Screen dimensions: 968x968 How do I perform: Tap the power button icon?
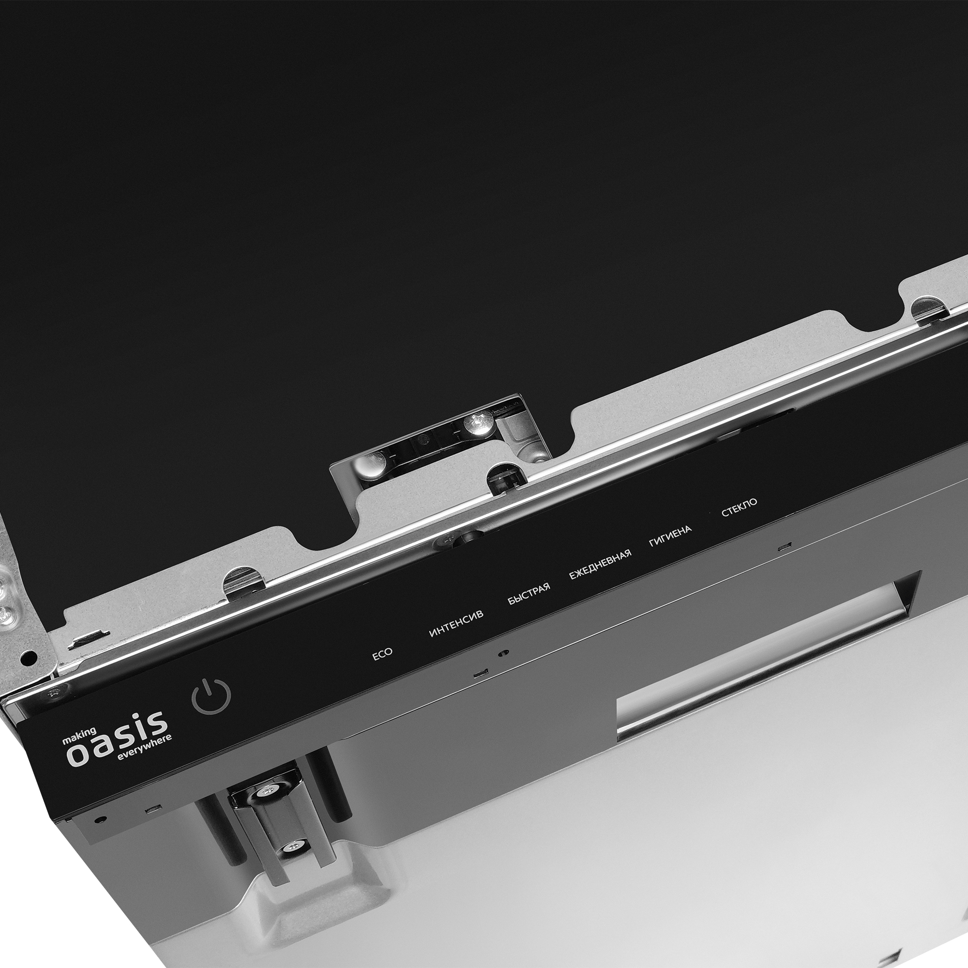tap(212, 696)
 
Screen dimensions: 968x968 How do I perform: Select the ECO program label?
tap(382, 654)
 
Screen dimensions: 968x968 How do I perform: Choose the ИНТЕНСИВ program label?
tap(456, 624)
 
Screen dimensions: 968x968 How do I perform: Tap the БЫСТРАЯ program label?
tap(529, 594)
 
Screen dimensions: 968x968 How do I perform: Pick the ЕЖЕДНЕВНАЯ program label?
tap(600, 564)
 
